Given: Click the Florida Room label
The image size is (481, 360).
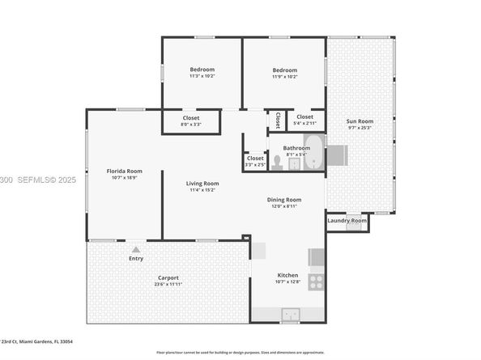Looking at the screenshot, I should click(x=125, y=171).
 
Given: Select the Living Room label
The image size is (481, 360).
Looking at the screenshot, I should click(x=203, y=184).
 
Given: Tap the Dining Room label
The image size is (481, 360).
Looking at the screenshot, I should click(x=284, y=200).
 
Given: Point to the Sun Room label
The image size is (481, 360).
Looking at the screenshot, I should click(x=358, y=120).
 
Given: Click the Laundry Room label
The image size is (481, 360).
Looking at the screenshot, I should click(x=347, y=220).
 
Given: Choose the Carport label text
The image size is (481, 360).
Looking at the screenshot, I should click(x=168, y=277).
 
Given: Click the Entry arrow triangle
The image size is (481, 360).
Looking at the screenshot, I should click(x=136, y=250).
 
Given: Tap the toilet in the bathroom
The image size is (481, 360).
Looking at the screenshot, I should click(x=277, y=162).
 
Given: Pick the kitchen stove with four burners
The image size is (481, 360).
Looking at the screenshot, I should click(x=316, y=282).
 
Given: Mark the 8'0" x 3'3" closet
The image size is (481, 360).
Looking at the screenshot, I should click(x=190, y=121).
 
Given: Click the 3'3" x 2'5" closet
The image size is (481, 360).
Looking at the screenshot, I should click(x=255, y=161).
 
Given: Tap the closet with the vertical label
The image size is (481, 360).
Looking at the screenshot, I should click(x=277, y=120).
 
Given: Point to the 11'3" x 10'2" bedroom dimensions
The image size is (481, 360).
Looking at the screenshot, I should click(x=202, y=77).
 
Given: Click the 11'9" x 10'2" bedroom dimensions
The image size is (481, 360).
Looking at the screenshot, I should click(x=284, y=77).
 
